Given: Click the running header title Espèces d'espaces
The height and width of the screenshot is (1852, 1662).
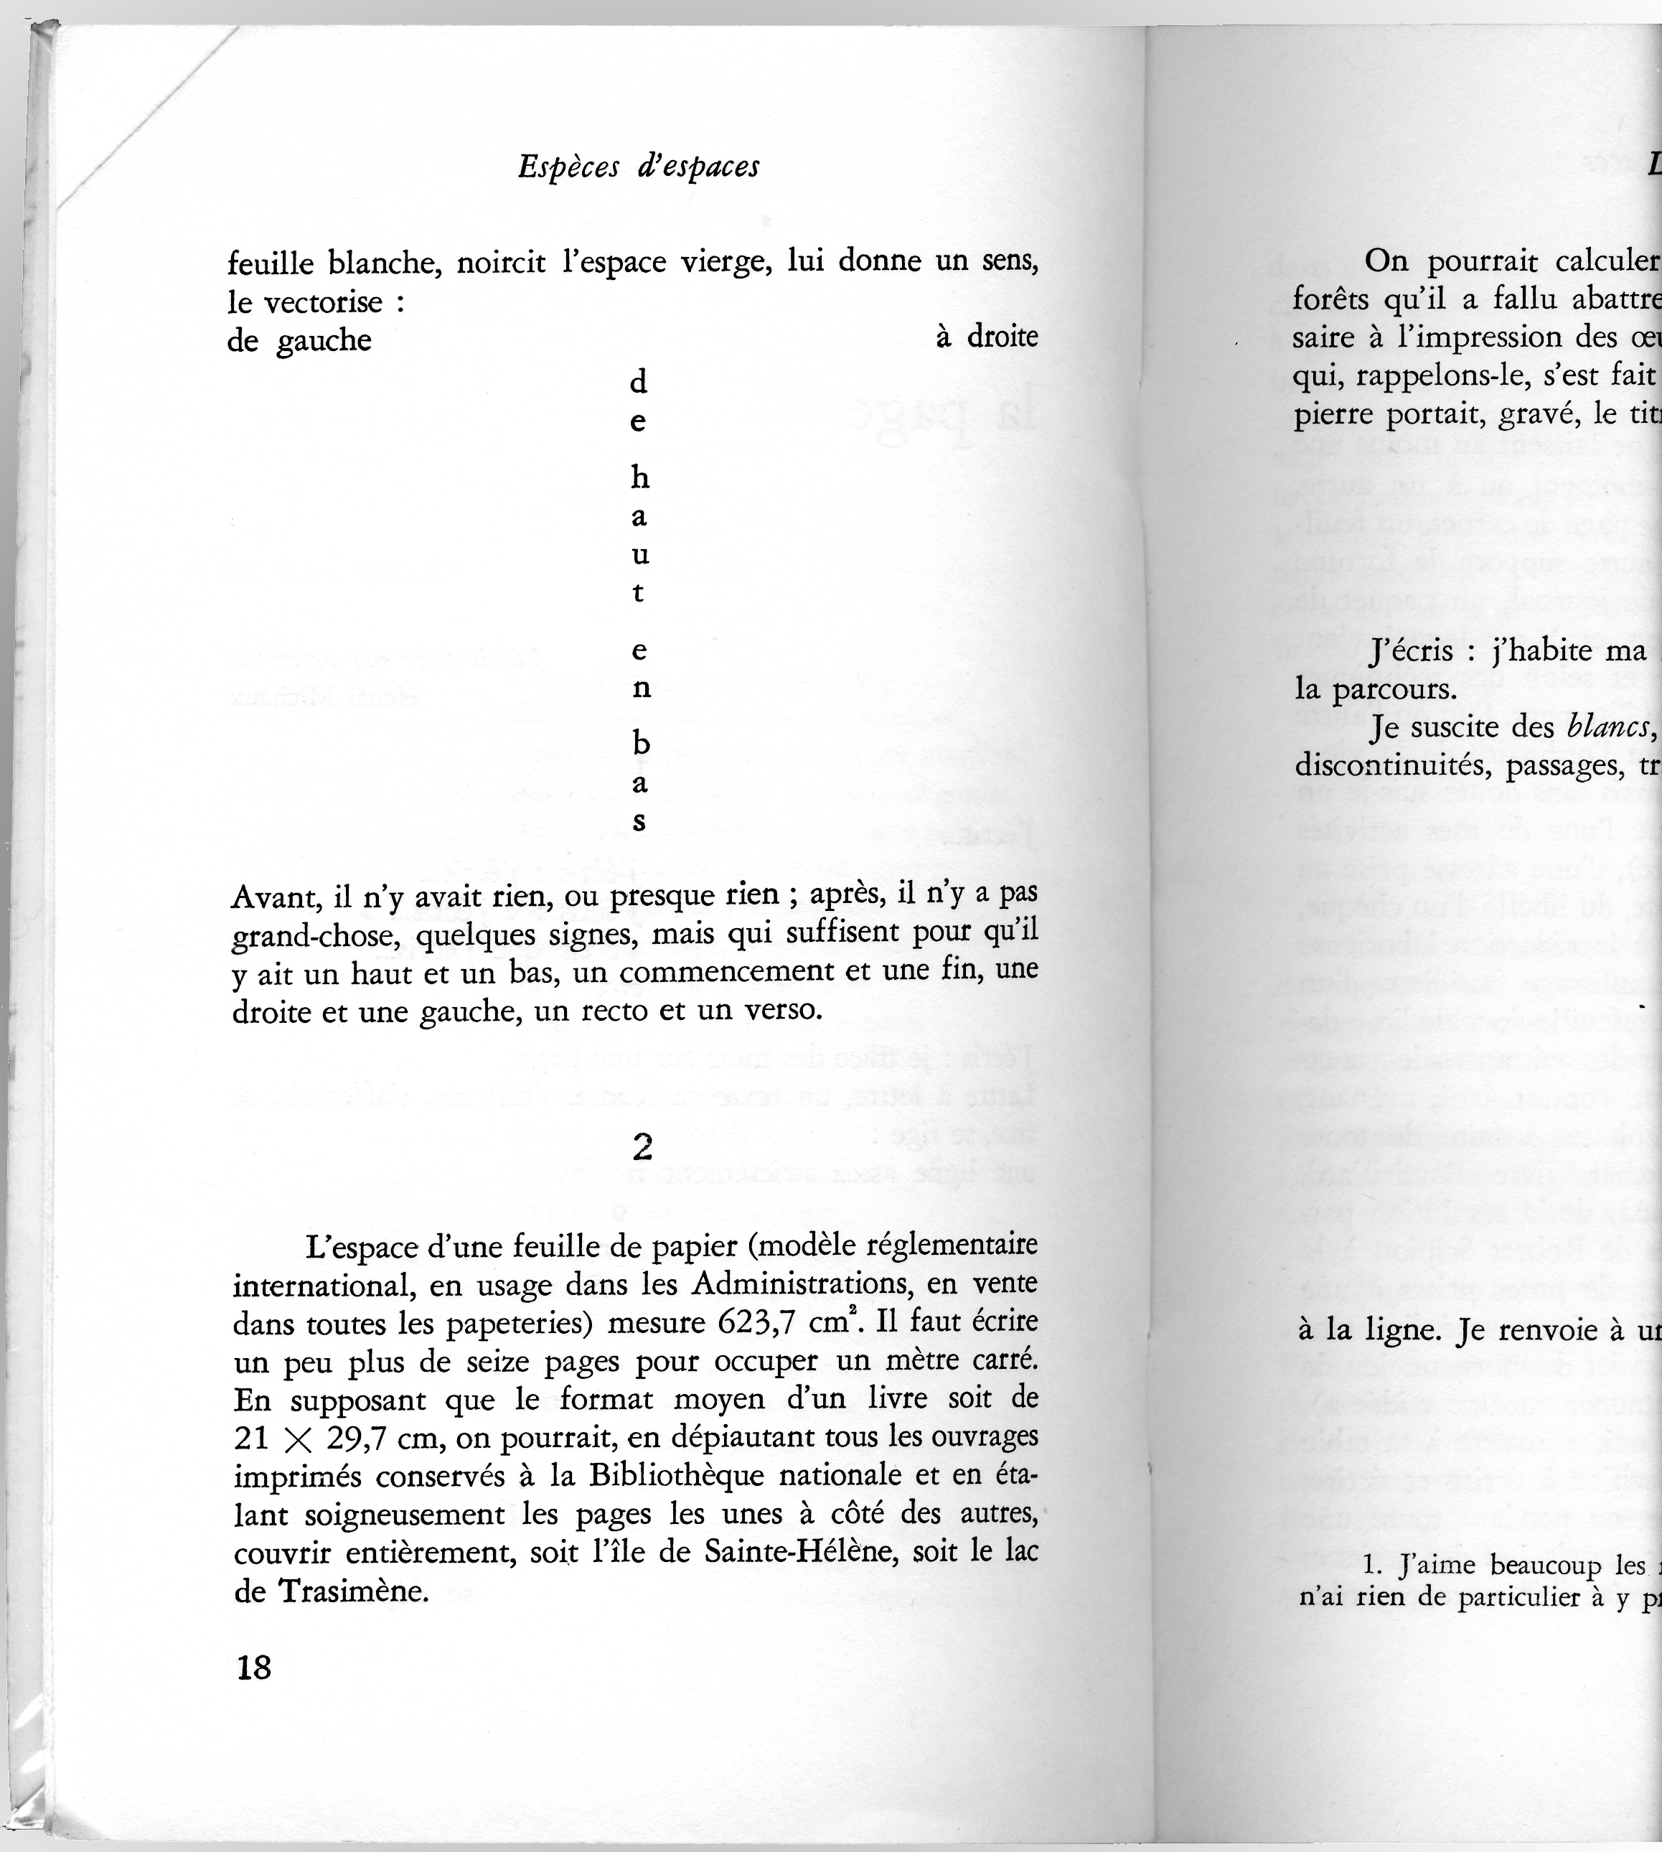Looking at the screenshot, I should [638, 167].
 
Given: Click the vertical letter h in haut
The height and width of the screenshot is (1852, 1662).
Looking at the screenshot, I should [640, 477].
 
